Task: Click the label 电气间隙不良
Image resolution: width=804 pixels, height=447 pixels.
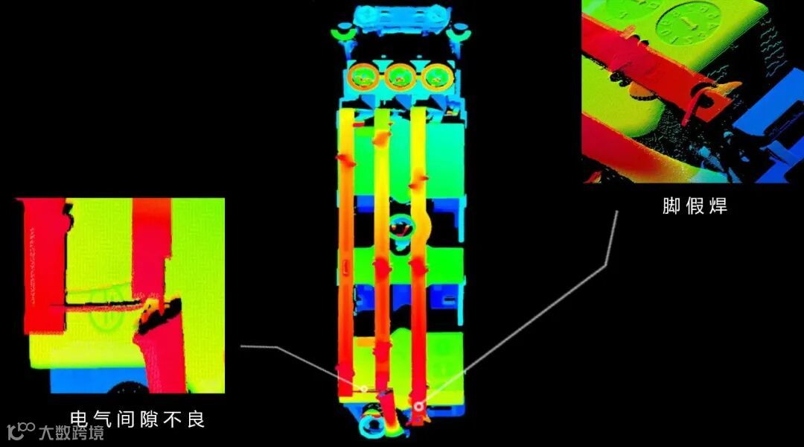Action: (138, 419)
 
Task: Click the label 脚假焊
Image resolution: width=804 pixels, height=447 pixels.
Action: (695, 206)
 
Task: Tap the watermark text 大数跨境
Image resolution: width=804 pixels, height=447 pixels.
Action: (71, 433)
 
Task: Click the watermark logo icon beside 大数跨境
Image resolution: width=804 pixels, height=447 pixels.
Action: (21, 431)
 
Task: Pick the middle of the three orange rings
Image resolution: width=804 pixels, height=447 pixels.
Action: (400, 77)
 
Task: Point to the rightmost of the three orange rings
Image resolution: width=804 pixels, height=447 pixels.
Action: (438, 77)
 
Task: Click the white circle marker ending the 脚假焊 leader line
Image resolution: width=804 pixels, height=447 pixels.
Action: (419, 407)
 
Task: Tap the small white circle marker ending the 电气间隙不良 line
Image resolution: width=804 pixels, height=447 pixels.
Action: (363, 389)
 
